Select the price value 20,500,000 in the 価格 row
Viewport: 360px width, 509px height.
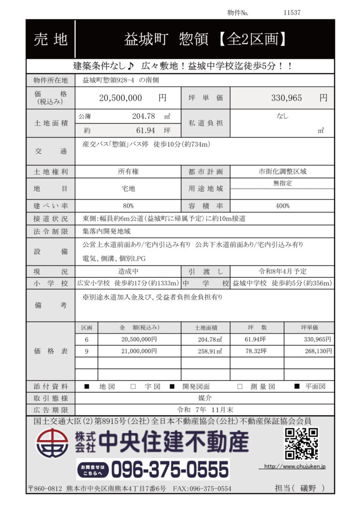(121, 98)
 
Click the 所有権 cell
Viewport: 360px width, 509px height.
(128, 171)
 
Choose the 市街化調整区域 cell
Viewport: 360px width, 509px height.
(282, 171)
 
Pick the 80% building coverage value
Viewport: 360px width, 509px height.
(128, 205)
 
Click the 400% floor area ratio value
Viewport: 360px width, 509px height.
(282, 205)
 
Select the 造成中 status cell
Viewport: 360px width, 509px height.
(128, 271)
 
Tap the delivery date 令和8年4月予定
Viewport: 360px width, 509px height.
(282, 271)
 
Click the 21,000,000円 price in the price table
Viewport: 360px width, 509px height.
(139, 351)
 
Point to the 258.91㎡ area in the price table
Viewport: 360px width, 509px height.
(209, 351)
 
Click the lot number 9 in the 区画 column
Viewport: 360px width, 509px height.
(87, 351)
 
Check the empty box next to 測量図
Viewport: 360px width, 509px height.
(240, 386)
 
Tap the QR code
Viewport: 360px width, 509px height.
(301, 443)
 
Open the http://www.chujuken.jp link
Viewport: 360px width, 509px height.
(294, 467)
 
